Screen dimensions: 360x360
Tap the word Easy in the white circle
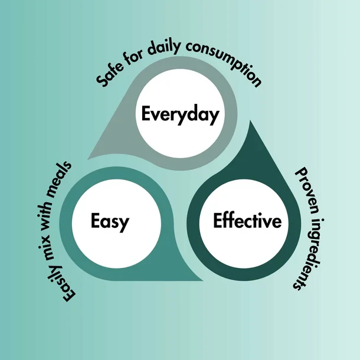click(110, 222)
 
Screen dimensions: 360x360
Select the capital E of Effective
click(217, 222)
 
